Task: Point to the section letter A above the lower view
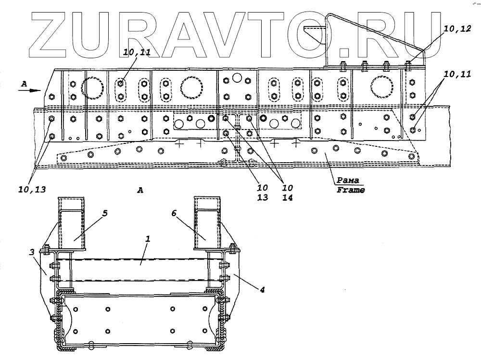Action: pyautogui.click(x=140, y=191)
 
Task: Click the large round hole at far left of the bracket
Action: pyautogui.click(x=92, y=88)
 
